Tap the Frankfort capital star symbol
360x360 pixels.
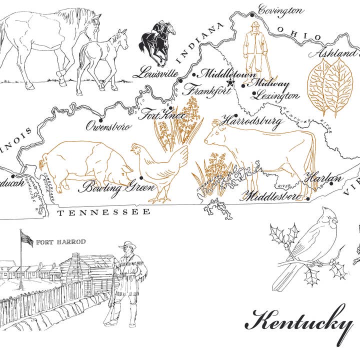pos(230,82)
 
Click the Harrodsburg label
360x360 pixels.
pos(251,121)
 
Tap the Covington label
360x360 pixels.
pos(280,9)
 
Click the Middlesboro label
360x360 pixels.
pos(273,195)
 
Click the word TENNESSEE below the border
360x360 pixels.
pos(103,212)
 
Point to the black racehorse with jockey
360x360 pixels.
pos(157,39)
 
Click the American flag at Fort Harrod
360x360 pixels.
pos(27,238)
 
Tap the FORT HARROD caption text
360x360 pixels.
pos(61,242)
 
